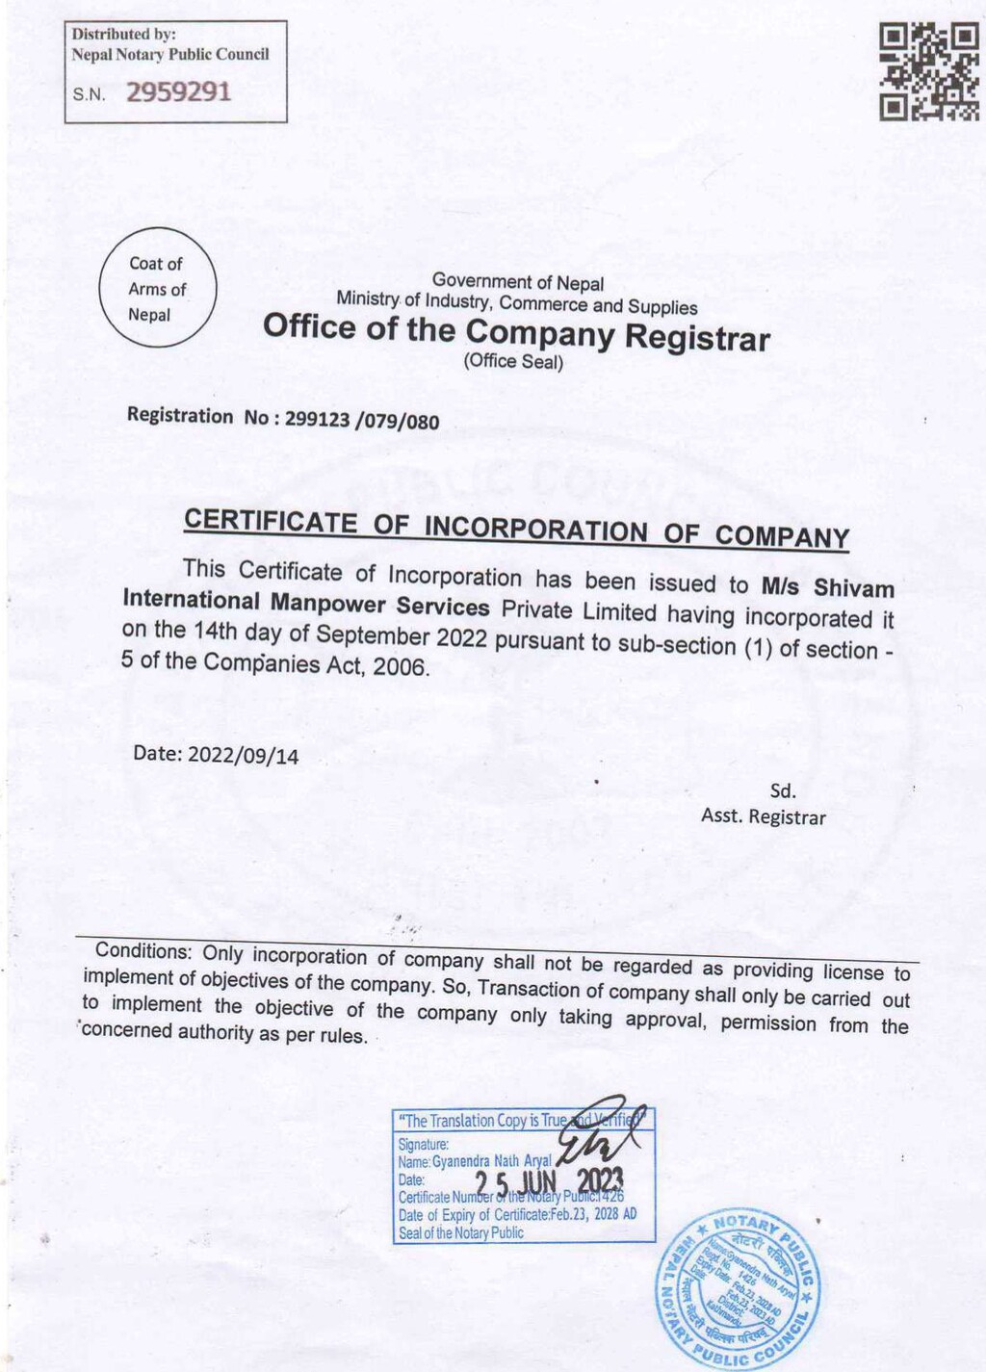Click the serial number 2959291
pyautogui.click(x=179, y=92)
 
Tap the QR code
pyautogui.click(x=928, y=73)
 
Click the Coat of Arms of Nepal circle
pyautogui.click(x=157, y=288)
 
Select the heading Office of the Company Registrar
pyautogui.click(x=516, y=333)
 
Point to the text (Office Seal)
pyautogui.click(x=513, y=362)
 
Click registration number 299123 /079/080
pyautogui.click(x=361, y=421)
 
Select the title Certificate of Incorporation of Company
pyautogui.click(x=516, y=529)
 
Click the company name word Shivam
pyautogui.click(x=854, y=588)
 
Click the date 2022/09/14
pyautogui.click(x=243, y=755)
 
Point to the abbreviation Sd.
pyautogui.click(x=783, y=791)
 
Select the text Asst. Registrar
pyautogui.click(x=763, y=817)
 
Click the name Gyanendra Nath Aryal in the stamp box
pyautogui.click(x=491, y=1161)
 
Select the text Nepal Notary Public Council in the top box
pyautogui.click(x=170, y=55)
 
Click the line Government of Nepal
pyautogui.click(x=518, y=282)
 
